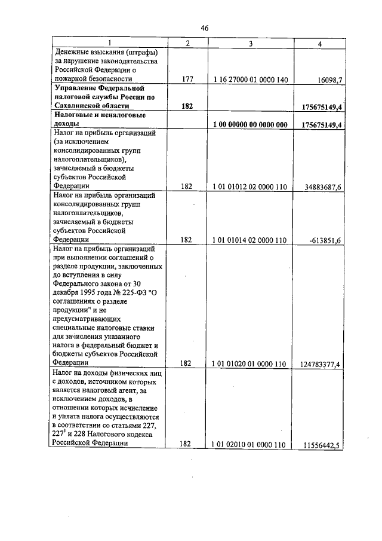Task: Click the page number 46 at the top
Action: [x=204, y=28]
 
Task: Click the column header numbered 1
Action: [x=109, y=42]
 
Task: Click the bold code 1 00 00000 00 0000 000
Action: [x=250, y=124]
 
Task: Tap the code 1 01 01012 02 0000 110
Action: [x=250, y=187]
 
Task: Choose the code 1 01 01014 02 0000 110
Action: [x=250, y=240]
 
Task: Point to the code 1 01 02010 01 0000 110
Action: [x=250, y=444]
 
